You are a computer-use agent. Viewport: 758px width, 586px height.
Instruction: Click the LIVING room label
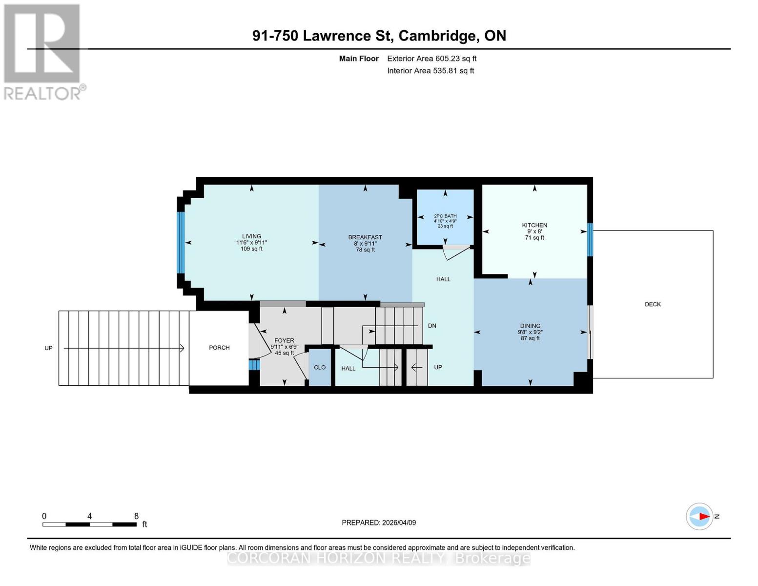[251, 236]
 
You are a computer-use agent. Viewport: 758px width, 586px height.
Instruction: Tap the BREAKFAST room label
[365, 237]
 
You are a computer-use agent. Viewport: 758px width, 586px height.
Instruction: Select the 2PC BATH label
[445, 216]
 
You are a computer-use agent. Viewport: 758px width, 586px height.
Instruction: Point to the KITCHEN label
[534, 225]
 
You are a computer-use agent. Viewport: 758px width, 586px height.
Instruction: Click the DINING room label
[530, 326]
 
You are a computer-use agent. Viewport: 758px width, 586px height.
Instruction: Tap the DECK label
[653, 304]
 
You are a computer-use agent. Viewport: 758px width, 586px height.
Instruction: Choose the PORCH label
[219, 348]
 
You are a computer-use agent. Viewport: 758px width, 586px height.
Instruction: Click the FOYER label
[284, 341]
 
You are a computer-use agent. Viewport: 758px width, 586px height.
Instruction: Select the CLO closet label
[320, 367]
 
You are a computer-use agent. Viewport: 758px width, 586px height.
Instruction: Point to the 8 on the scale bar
[136, 516]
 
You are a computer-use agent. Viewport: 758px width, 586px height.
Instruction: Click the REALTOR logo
[42, 51]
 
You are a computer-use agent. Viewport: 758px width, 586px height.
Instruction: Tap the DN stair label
[432, 326]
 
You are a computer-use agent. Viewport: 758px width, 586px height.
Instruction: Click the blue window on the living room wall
[181, 243]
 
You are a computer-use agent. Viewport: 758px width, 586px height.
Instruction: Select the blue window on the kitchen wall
[590, 240]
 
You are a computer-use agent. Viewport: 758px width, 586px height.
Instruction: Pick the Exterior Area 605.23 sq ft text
[431, 59]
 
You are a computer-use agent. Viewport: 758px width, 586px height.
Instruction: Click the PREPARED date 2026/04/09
[379, 523]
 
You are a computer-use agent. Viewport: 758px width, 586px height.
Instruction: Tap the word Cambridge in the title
[438, 36]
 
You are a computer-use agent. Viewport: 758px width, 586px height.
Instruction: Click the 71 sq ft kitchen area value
[534, 238]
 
